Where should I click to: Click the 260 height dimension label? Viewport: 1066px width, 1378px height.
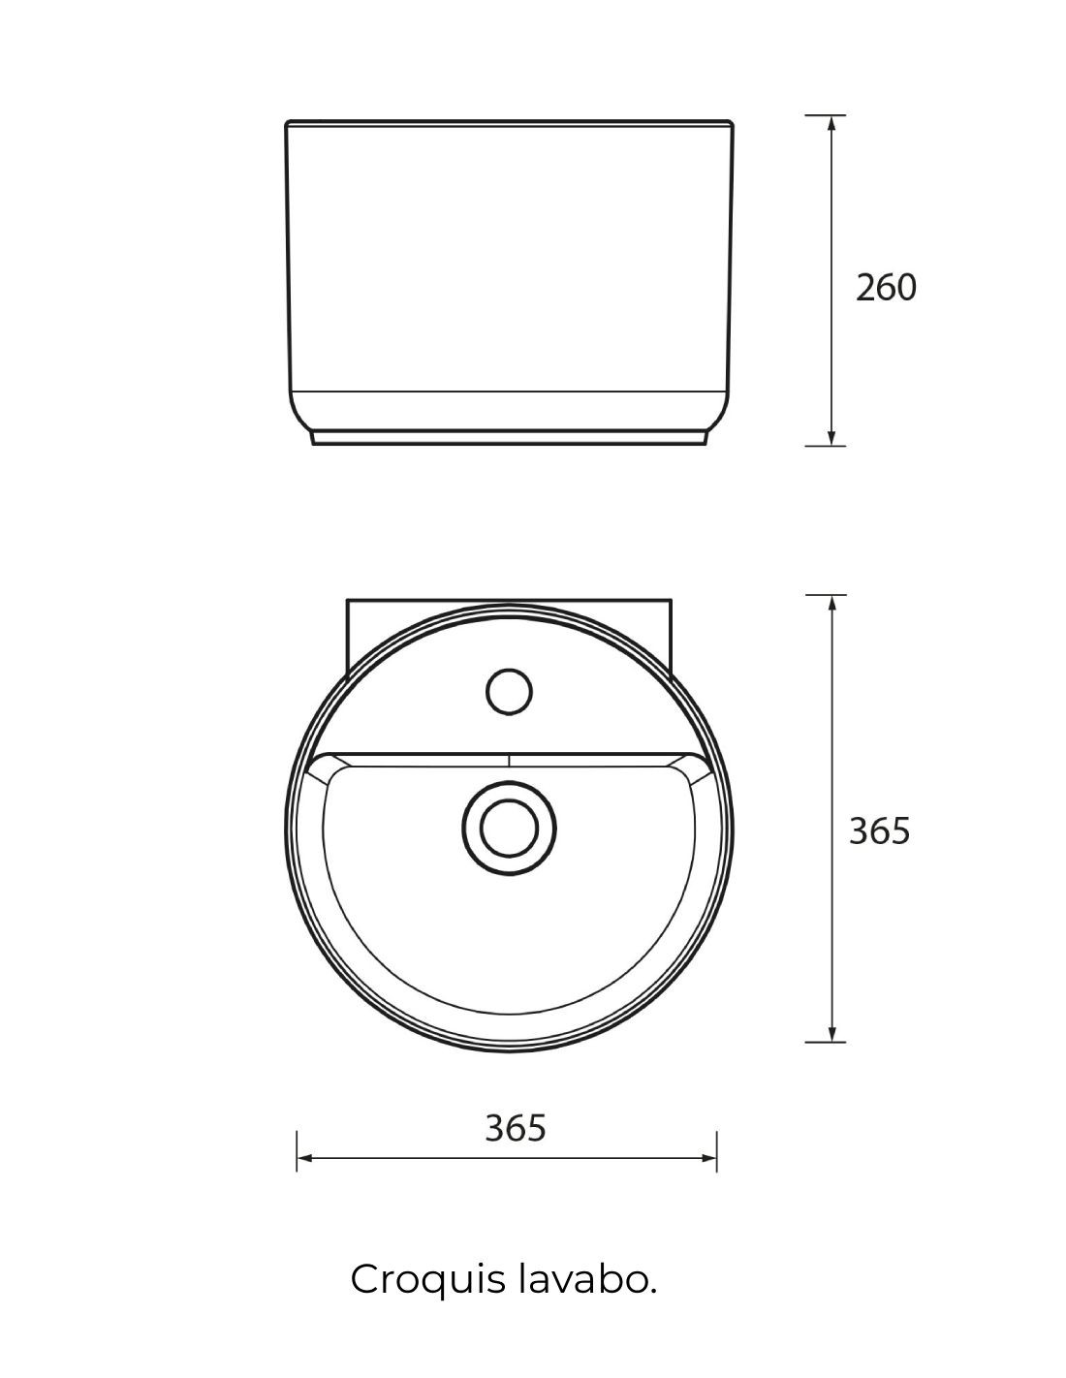pos(886,287)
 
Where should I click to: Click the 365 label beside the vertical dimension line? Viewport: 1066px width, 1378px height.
pos(880,830)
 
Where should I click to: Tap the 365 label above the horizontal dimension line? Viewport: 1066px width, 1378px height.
pos(515,1128)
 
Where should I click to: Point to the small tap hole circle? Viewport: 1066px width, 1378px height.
pos(509,691)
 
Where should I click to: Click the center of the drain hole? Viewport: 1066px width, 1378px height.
pos(509,828)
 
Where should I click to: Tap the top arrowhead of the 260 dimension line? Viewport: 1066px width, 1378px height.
pos(831,124)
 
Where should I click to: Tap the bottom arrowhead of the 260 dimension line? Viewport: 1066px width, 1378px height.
pos(831,437)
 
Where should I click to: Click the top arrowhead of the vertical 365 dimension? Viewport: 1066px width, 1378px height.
pos(831,604)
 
